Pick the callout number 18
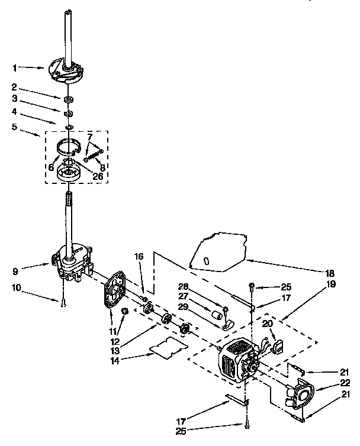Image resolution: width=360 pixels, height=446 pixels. click(330, 273)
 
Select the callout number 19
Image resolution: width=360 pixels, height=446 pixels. click(330, 285)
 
